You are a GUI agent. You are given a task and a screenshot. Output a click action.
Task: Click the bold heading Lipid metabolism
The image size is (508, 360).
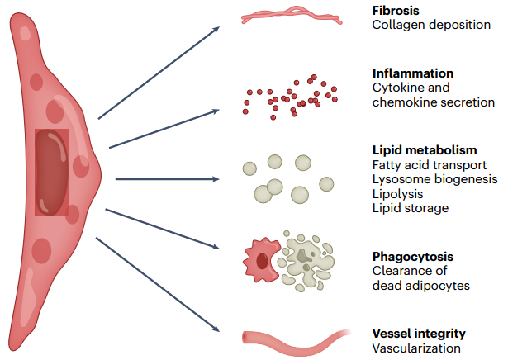[425, 150]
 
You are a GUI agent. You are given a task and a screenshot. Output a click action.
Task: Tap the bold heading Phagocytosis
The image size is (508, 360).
[413, 257]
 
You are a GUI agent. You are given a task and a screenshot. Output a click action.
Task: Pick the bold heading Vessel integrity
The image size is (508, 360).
[419, 334]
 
